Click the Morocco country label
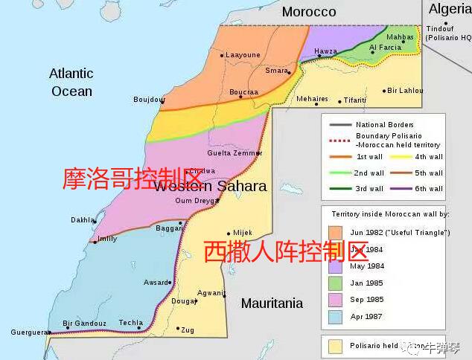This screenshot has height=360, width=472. point(309,11)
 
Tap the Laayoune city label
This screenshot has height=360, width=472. point(243,55)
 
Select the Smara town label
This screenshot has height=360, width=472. point(276,71)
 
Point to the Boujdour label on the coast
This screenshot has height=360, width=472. point(147,99)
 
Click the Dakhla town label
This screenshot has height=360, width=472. point(82,220)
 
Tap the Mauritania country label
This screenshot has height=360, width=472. point(272,303)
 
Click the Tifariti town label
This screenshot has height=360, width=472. point(355,100)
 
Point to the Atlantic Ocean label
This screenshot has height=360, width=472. point(71,82)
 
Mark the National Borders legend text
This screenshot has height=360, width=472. point(384,124)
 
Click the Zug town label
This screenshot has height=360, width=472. point(188,329)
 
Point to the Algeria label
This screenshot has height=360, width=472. point(450,9)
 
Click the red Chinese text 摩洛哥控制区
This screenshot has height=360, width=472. point(133,179)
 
